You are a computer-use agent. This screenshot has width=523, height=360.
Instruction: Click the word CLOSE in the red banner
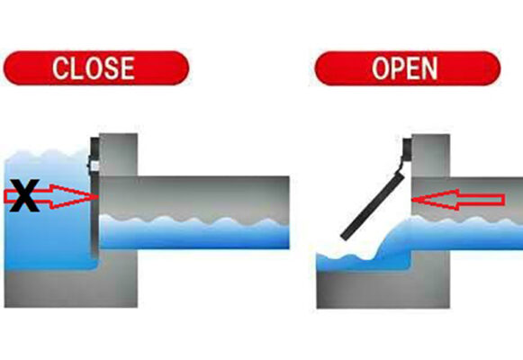94,67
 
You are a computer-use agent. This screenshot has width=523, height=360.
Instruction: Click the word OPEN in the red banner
406,68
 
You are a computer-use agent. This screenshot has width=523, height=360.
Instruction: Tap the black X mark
25,195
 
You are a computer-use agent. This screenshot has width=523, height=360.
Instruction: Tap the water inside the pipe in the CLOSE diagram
194,232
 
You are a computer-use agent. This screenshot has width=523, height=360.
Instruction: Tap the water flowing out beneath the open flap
369,256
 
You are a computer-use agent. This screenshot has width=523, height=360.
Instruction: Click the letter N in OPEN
429,68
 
